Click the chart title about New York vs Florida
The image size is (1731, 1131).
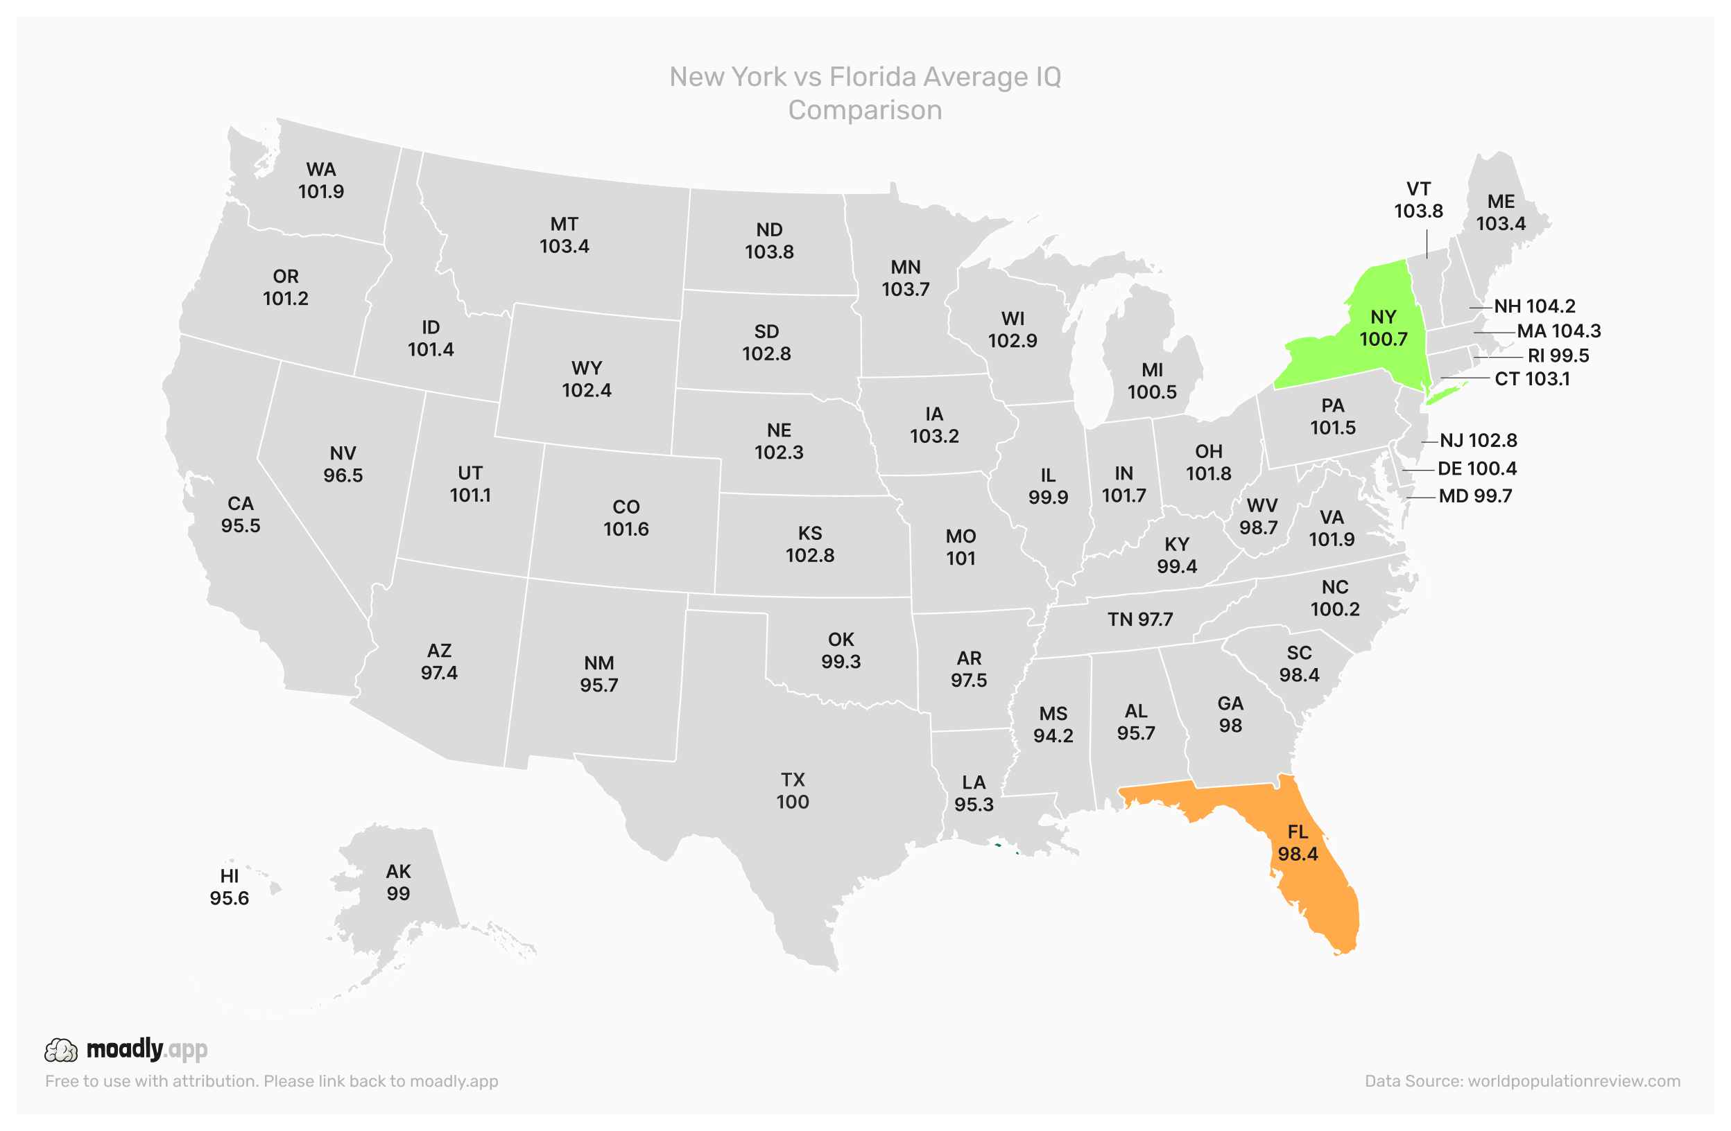(865, 93)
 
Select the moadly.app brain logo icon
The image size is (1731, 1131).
(60, 1050)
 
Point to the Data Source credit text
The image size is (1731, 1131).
(1522, 1081)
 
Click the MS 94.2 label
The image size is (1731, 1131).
(1053, 724)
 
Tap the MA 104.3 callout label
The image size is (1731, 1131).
(1558, 331)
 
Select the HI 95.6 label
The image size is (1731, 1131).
(229, 887)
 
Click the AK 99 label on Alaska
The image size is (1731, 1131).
(398, 882)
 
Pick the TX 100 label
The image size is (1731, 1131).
(792, 790)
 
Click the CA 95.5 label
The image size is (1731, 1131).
(241, 514)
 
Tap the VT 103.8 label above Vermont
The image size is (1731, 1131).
(1418, 200)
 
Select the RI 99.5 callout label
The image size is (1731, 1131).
(1558, 356)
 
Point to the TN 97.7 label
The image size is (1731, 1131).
(1139, 620)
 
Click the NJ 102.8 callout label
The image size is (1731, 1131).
(1478, 441)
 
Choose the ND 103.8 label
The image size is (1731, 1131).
(769, 240)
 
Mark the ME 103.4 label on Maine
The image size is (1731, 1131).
(1501, 212)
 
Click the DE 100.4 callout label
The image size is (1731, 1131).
(1476, 468)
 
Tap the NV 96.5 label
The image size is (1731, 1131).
(343, 464)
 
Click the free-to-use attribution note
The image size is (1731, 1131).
(271, 1081)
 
